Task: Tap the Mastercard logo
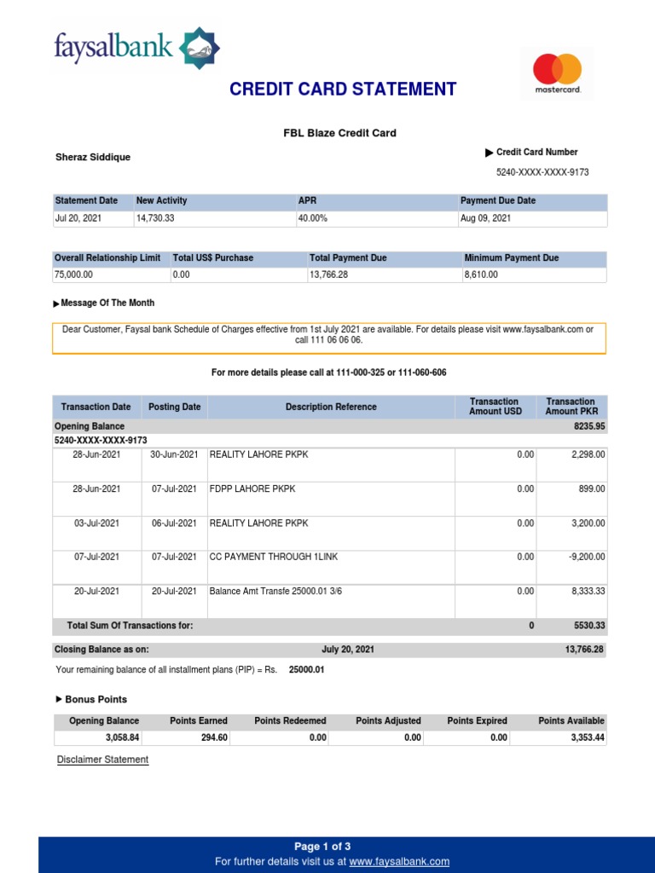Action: click(557, 72)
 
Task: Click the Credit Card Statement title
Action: click(343, 90)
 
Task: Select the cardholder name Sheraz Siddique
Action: click(93, 158)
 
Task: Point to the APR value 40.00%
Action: click(312, 218)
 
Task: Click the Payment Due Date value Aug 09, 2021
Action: click(485, 218)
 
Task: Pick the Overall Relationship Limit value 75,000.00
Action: click(74, 275)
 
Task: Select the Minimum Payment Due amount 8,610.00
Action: click(481, 275)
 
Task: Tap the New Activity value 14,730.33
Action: click(155, 218)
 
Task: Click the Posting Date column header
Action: click(175, 408)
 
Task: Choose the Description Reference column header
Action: click(331, 408)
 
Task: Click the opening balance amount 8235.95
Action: click(588, 426)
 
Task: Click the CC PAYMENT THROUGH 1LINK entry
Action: click(274, 557)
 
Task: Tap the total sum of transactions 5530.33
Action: click(588, 626)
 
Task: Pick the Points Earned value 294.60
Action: click(214, 738)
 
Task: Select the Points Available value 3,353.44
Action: click(588, 738)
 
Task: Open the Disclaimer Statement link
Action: click(102, 760)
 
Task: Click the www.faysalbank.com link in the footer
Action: click(399, 862)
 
